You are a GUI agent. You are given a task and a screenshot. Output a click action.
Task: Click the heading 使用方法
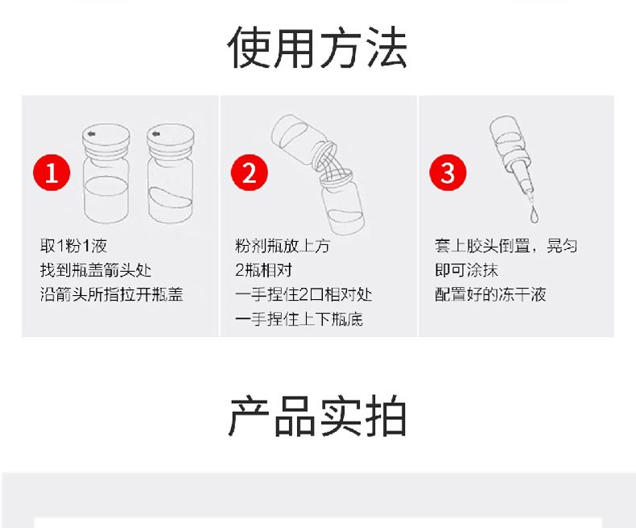click(x=317, y=48)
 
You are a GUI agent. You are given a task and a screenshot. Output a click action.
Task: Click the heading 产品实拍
click(x=317, y=417)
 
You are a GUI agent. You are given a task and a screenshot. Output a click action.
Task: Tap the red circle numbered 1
click(x=52, y=173)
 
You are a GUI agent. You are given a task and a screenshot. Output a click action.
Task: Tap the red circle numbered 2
click(x=249, y=173)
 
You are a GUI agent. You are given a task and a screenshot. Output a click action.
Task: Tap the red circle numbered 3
click(x=448, y=173)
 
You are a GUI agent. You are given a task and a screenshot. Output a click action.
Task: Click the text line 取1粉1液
click(x=73, y=246)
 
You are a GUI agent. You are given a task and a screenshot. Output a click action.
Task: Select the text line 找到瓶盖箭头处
click(x=96, y=270)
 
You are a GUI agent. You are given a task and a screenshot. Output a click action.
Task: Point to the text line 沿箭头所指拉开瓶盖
click(x=112, y=294)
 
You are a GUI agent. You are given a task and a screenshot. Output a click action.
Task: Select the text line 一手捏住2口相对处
click(x=304, y=294)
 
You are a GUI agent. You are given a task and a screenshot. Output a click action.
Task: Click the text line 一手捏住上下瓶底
click(x=299, y=319)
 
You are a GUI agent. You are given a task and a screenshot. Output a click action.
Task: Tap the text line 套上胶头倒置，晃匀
click(x=506, y=246)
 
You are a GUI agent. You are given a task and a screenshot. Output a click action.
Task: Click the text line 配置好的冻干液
click(x=490, y=294)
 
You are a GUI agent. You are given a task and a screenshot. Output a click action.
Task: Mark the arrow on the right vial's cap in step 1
click(x=155, y=134)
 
